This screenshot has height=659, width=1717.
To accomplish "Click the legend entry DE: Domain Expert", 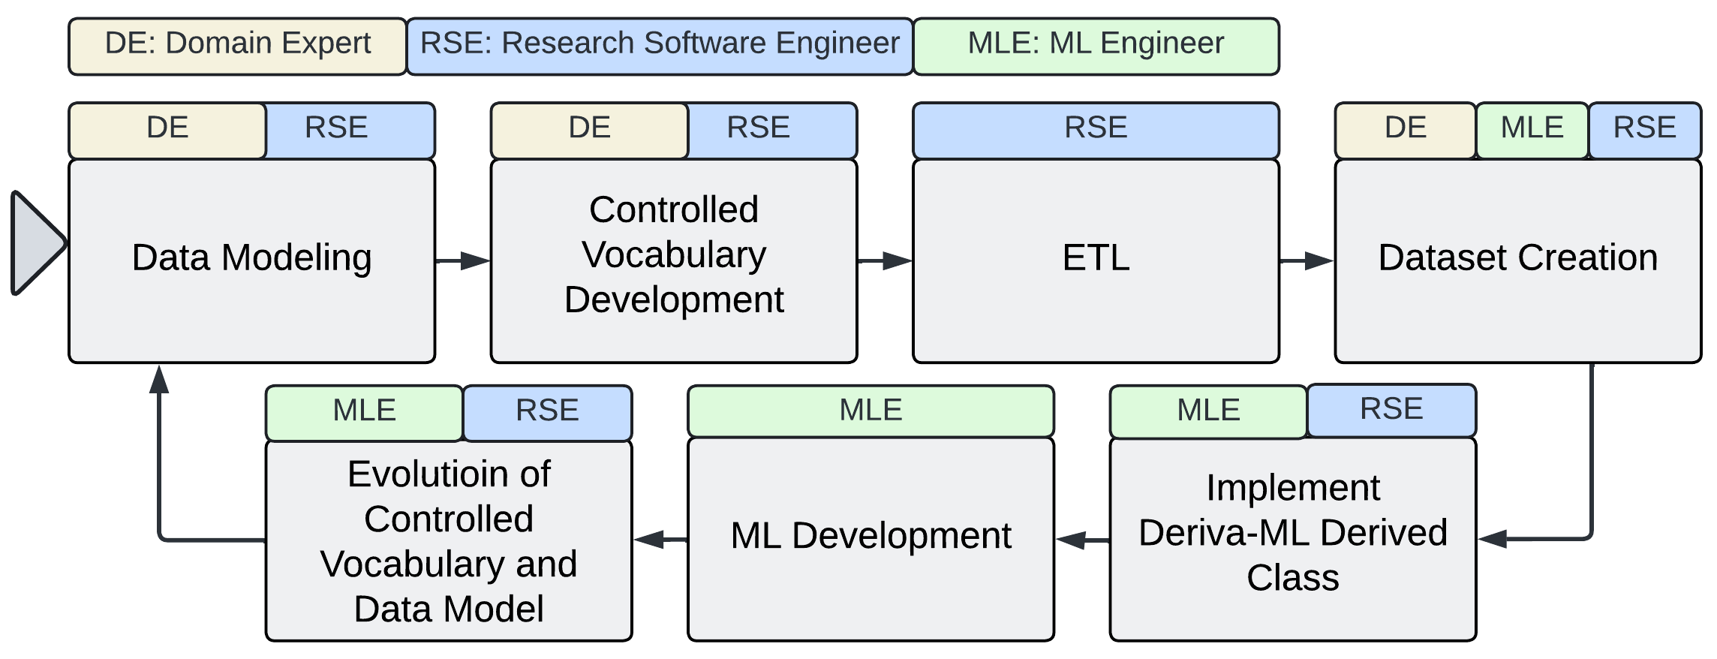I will click(x=237, y=47).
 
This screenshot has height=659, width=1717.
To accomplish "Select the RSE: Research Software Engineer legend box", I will click(x=660, y=47).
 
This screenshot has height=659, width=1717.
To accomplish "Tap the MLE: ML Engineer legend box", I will click(x=1096, y=47).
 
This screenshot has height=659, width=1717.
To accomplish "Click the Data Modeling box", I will click(x=251, y=260).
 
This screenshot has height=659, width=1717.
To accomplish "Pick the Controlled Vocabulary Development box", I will click(x=673, y=260).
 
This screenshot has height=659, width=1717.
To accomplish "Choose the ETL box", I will click(x=1096, y=260).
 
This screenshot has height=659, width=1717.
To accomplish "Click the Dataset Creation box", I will click(x=1517, y=260).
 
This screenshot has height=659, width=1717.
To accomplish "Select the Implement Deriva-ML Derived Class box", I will click(x=1292, y=538).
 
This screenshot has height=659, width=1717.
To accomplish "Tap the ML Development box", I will click(x=871, y=538).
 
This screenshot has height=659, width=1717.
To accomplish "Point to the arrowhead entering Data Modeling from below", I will click(x=158, y=379).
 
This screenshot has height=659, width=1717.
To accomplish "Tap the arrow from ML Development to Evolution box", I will click(x=660, y=538).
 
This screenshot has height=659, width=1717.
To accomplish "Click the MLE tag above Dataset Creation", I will click(x=1532, y=130).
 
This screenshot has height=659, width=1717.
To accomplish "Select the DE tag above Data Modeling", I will click(x=167, y=130).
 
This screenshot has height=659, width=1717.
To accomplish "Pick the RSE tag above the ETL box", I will click(x=1096, y=130).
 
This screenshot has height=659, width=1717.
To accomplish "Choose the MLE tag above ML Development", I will click(x=871, y=411).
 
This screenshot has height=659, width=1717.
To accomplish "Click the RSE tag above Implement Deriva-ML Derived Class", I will click(x=1391, y=411).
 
